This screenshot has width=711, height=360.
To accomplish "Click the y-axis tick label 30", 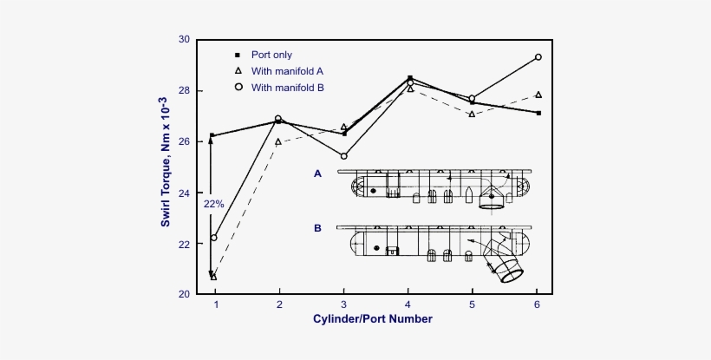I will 184,40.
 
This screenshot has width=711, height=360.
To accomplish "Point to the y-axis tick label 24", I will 184,193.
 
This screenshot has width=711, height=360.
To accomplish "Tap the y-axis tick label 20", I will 184,295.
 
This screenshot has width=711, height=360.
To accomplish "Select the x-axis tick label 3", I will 343,304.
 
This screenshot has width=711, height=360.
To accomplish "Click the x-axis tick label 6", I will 538,304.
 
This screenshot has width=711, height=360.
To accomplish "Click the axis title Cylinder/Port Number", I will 373,319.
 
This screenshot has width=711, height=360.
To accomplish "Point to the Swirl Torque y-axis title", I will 164,167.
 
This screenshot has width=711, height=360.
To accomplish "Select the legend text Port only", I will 271,55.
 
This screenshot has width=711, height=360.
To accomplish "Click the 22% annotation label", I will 213,204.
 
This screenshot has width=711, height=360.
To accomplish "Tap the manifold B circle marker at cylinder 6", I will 538,57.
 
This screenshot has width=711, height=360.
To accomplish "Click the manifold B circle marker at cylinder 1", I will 214,238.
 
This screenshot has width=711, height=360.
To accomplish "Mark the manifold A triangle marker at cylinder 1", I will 213,277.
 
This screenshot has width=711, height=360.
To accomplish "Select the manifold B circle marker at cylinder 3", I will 343,156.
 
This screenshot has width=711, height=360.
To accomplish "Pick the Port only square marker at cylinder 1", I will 212,136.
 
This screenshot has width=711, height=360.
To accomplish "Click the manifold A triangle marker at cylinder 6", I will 538,95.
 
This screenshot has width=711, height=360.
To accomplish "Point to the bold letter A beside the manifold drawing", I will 317,173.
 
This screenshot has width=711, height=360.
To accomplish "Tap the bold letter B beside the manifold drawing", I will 317,229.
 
